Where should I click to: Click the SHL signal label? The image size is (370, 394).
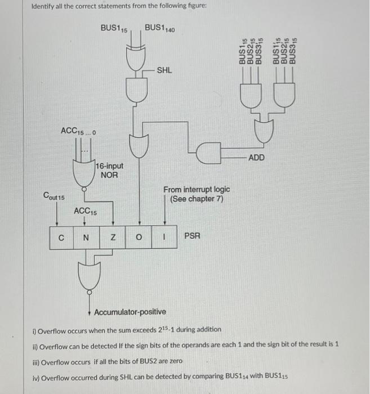164,70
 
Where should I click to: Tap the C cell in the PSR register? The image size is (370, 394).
61,237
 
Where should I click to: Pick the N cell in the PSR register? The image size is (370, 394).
86,237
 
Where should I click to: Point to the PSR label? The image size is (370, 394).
193,236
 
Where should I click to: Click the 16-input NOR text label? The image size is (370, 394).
109,171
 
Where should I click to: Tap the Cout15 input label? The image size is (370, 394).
54,196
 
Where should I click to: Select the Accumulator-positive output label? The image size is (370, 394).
130,312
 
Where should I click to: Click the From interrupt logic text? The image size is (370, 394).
196,195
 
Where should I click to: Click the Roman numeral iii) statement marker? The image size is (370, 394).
37,360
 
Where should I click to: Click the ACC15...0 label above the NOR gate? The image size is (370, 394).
78,131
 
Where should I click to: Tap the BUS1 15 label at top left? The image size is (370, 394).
114,28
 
